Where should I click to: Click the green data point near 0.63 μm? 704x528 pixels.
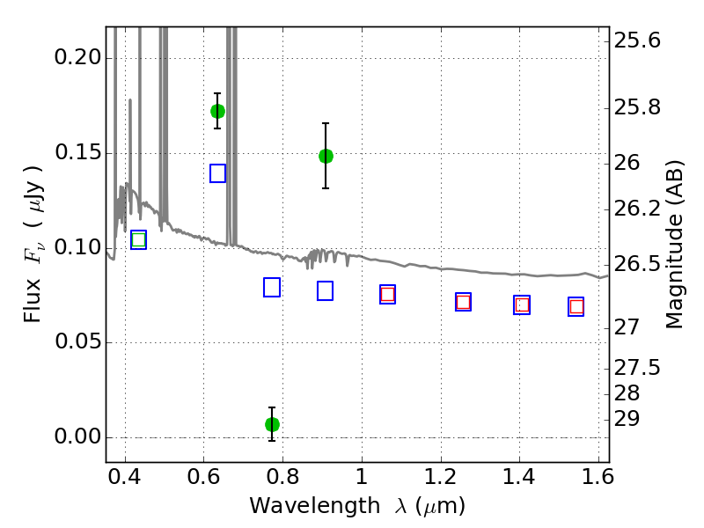coord(217,112)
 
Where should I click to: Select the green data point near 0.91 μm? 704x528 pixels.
coord(326,157)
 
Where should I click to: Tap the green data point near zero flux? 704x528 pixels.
coord(272,424)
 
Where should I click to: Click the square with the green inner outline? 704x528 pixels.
coord(139,239)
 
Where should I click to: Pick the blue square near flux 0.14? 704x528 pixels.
coord(217,173)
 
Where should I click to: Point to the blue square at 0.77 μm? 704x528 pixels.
coord(272,288)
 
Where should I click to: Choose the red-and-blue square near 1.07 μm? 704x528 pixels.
coord(387,295)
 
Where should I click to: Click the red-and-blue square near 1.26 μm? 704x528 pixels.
coord(464,302)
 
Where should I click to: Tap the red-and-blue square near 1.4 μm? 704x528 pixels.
coord(522,305)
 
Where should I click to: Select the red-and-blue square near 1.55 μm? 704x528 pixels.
coord(576,306)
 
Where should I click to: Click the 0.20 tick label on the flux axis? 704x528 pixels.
coord(77,57)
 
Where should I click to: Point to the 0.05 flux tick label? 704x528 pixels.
coord(77,341)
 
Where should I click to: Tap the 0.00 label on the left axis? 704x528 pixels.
coord(77,436)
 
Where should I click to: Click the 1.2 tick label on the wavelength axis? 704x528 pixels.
coord(441,477)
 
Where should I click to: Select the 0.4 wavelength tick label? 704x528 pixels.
coord(125,477)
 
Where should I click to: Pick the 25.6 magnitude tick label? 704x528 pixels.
coord(637,40)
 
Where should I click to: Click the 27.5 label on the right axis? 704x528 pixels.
coord(637,368)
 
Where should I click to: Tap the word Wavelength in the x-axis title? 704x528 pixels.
coord(315,506)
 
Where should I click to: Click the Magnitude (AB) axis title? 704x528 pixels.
coord(673,245)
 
